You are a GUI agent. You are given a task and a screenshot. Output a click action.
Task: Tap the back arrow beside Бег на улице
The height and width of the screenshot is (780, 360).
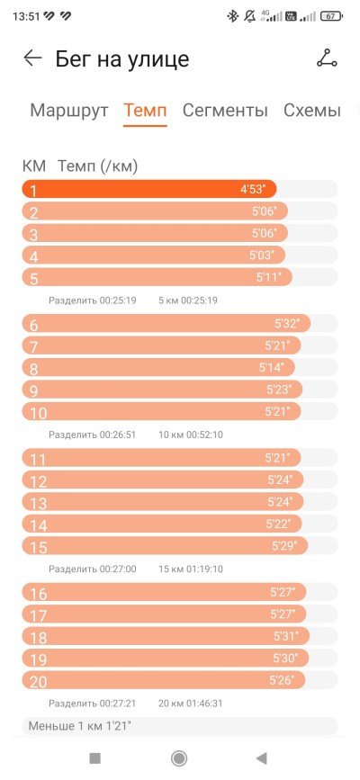[x=33, y=58]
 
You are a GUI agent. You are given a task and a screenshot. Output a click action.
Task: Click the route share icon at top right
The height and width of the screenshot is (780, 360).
[x=327, y=58]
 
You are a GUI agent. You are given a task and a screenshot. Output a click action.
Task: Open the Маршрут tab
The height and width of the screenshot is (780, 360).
[x=69, y=110]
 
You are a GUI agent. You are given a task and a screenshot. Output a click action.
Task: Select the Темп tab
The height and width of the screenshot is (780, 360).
[x=145, y=110]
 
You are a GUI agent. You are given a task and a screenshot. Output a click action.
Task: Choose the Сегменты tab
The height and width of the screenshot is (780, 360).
[x=225, y=110]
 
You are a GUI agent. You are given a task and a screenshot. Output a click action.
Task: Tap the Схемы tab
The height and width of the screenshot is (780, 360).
[x=312, y=110]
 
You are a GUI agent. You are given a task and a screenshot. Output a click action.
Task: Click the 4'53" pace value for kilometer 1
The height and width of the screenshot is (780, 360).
[x=253, y=190]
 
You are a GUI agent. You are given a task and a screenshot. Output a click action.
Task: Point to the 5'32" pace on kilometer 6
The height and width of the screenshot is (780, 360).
[x=287, y=324]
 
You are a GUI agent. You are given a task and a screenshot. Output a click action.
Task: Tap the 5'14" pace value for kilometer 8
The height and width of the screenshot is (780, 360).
[x=272, y=368]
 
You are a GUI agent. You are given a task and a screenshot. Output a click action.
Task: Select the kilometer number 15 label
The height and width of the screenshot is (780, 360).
[x=39, y=547]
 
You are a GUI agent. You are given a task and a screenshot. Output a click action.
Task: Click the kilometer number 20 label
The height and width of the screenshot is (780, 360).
[x=39, y=682]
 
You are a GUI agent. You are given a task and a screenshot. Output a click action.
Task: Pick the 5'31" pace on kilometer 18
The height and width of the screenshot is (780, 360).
[x=286, y=636]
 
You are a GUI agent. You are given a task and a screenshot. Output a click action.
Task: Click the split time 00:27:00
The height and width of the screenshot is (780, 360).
[x=118, y=569]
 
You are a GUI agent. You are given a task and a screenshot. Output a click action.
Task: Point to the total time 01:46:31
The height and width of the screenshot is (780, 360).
[x=204, y=704]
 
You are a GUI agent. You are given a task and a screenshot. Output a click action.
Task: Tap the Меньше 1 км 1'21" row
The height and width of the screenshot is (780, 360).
[x=180, y=726]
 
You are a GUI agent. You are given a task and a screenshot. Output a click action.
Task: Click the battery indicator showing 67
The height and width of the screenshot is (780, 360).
[x=331, y=16]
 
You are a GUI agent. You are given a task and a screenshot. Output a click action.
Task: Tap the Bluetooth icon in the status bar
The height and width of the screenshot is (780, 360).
[x=232, y=16]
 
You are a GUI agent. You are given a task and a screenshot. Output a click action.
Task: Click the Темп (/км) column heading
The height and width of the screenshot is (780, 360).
[x=97, y=166]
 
